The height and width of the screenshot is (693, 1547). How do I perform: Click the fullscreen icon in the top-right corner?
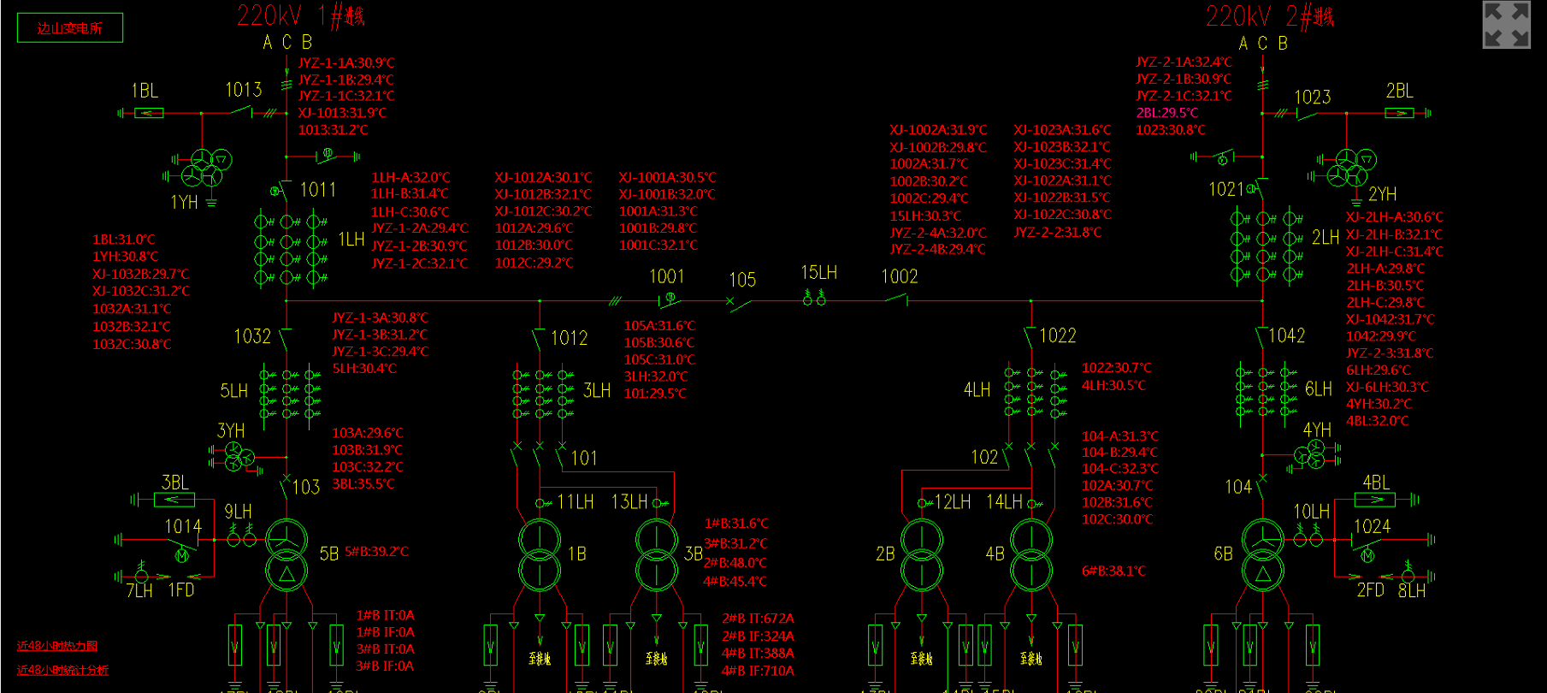pyautogui.click(x=1506, y=25)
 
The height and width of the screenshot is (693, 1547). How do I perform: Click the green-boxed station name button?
pyautogui.click(x=70, y=28)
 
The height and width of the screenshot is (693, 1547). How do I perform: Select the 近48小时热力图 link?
pyautogui.click(x=57, y=646)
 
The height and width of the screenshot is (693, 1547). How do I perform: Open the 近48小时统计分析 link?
pyautogui.click(x=62, y=670)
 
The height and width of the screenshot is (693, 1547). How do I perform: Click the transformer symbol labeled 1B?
pyautogui.click(x=540, y=555)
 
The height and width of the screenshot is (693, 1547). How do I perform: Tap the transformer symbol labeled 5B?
pyautogui.click(x=286, y=555)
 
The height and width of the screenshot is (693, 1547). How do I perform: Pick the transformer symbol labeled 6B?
pyautogui.click(x=1263, y=555)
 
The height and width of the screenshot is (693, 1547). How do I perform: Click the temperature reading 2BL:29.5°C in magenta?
pyautogui.click(x=1167, y=113)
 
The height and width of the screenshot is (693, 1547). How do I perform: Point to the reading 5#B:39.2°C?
pyautogui.click(x=376, y=552)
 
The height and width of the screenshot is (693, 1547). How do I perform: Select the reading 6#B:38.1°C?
pyautogui.click(x=1113, y=571)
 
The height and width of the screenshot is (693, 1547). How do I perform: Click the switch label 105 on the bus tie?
pyautogui.click(x=742, y=280)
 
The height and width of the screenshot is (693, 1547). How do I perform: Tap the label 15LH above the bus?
pyautogui.click(x=818, y=273)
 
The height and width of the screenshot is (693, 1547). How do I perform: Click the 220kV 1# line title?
pyautogui.click(x=300, y=15)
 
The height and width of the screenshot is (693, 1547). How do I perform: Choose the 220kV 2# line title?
pyautogui.click(x=1269, y=15)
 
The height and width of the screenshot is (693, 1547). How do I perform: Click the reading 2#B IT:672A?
pyautogui.click(x=758, y=619)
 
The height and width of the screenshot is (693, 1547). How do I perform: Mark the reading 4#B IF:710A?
pyautogui.click(x=758, y=671)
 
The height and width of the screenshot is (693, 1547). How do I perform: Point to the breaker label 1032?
pyautogui.click(x=252, y=336)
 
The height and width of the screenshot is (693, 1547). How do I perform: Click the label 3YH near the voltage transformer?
pyautogui.click(x=231, y=430)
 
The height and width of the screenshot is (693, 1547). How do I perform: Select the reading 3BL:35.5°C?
pyautogui.click(x=363, y=484)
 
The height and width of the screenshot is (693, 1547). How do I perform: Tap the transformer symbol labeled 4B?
pyautogui.click(x=1032, y=555)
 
